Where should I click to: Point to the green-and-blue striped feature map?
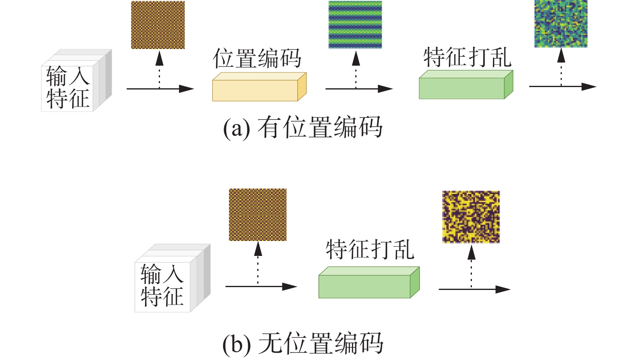click(x=355, y=25)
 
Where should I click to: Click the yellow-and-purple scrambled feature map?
click(x=471, y=217)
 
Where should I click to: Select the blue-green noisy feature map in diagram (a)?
click(x=561, y=24)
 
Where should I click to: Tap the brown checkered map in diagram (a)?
click(x=158, y=25)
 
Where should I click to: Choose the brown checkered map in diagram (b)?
click(x=258, y=215)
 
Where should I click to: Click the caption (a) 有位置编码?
click(x=302, y=127)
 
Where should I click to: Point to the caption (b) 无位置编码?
click(x=302, y=343)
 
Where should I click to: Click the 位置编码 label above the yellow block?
click(x=257, y=59)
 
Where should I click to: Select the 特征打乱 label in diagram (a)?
click(x=467, y=57)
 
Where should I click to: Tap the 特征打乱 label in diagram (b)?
click(x=370, y=249)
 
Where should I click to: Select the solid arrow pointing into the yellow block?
click(x=160, y=89)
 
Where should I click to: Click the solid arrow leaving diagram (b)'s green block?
click(x=474, y=289)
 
